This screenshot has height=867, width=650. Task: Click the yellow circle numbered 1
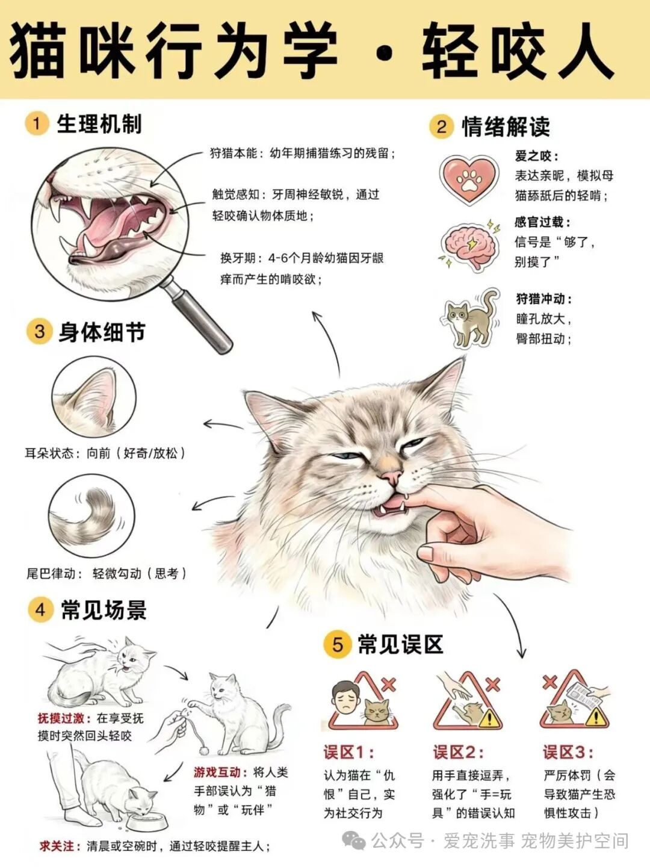point(36,125)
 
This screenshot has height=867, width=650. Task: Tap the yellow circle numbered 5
point(337,645)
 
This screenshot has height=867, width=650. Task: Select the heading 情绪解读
point(506,126)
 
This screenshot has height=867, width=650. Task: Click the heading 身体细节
point(102,332)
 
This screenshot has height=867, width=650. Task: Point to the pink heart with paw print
point(469,179)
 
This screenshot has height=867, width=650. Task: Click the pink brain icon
point(469,246)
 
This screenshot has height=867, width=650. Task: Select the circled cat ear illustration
point(94,397)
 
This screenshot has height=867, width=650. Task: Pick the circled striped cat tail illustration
point(92,517)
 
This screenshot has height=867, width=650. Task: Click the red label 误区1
point(348,753)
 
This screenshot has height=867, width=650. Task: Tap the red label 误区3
point(568,753)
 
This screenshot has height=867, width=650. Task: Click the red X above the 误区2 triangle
point(493,685)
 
